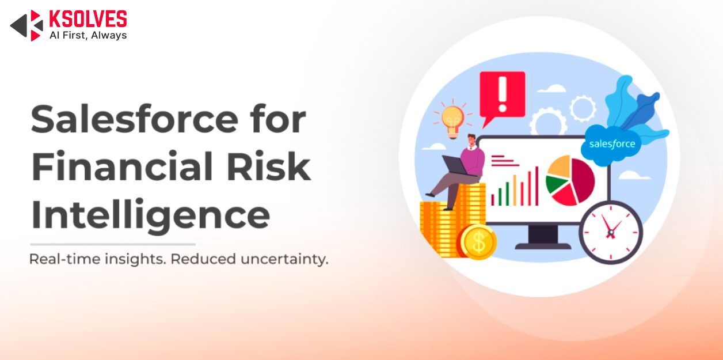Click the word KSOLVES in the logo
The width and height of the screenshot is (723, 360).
(x=88, y=19)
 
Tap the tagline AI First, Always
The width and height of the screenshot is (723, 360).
(x=88, y=35)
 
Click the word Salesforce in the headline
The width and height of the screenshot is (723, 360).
(x=135, y=119)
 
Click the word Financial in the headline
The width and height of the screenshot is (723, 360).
(x=122, y=166)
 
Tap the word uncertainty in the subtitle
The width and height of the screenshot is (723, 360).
(x=284, y=259)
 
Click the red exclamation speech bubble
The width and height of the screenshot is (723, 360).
(x=502, y=97)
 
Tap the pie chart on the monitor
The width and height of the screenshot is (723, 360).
(x=570, y=180)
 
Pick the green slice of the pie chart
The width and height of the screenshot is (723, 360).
(x=556, y=184)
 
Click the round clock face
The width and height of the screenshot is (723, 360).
(x=611, y=232)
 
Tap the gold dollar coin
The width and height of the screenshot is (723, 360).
(x=478, y=242)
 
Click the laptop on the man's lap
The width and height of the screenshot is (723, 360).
(x=456, y=165)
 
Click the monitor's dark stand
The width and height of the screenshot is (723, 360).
(x=543, y=237)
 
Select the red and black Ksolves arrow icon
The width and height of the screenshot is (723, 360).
(x=27, y=25)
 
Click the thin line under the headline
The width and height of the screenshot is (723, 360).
(x=113, y=244)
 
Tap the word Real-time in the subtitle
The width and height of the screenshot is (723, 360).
(x=65, y=259)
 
